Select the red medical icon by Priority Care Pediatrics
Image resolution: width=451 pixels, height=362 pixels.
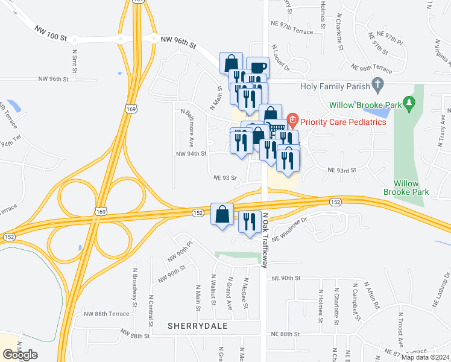292,120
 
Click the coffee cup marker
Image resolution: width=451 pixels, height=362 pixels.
257,68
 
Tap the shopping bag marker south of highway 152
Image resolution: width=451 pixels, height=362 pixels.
222,215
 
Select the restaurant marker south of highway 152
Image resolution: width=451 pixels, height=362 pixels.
249,222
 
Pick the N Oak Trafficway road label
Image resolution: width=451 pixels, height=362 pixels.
266,240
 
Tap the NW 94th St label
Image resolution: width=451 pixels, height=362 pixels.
191,154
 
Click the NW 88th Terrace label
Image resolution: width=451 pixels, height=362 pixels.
107,314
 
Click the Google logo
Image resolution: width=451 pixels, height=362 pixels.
20,355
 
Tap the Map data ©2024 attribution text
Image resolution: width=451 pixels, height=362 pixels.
424,357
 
